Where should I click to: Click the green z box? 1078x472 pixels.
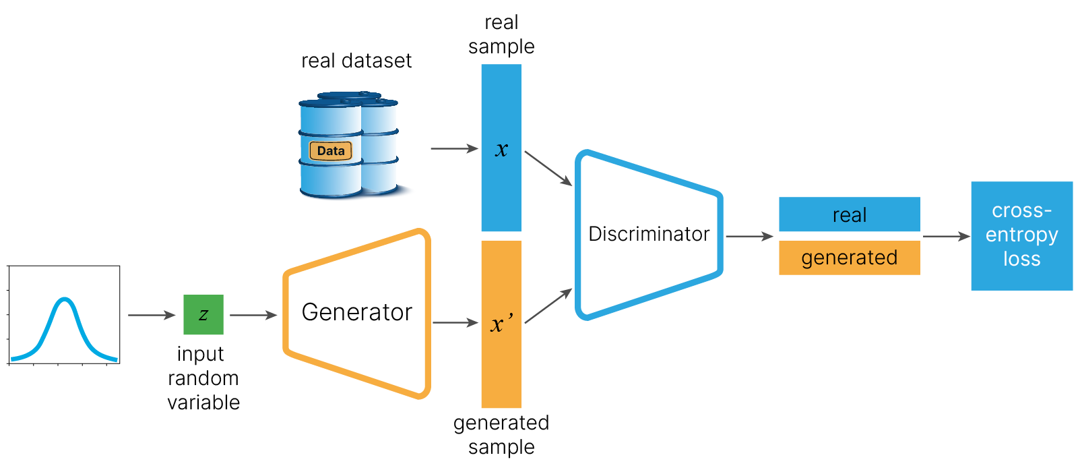[203, 314]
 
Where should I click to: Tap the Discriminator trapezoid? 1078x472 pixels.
[648, 234]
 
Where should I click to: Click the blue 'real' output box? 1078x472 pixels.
[849, 214]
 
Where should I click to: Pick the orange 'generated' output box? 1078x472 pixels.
[849, 258]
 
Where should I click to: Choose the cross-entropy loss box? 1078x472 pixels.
[1021, 235]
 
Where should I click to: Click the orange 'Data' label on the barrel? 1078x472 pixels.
[331, 151]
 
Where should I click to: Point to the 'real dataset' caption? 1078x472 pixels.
[356, 61]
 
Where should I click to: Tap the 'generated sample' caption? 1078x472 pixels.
[501, 434]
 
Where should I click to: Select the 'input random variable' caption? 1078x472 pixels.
[203, 378]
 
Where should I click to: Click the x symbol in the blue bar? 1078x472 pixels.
[501, 150]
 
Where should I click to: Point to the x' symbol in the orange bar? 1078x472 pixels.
[501, 324]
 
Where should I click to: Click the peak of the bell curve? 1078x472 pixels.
[65, 298]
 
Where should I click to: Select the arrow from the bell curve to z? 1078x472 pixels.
[152, 315]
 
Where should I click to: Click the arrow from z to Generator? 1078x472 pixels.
[253, 315]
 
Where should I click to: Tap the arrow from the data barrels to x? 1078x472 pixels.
[454, 148]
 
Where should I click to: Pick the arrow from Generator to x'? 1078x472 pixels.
[455, 323]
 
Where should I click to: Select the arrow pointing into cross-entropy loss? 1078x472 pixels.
[946, 236]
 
